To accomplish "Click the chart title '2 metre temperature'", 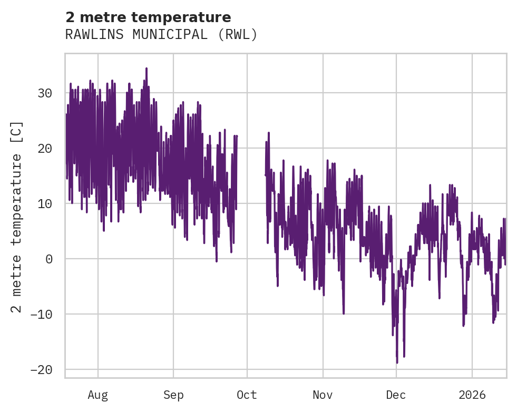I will click(x=148, y=17).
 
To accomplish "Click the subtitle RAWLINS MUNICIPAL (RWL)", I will click(x=161, y=35).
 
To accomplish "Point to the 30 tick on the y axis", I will click(x=45, y=93).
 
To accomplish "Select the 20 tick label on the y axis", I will click(x=45, y=149).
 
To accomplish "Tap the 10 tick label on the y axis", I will click(x=45, y=204).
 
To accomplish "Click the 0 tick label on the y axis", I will click(x=48, y=259).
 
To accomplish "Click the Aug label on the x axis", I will click(x=98, y=395).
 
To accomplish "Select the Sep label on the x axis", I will click(x=173, y=395).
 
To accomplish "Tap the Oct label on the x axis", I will click(x=247, y=395).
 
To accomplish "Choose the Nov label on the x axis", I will click(x=323, y=395).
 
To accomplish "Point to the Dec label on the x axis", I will click(x=396, y=395).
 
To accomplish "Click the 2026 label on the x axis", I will click(x=472, y=395).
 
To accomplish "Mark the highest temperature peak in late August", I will click(x=147, y=68).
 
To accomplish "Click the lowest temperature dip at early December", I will click(x=397, y=362).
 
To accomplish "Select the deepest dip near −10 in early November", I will click(x=344, y=313).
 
